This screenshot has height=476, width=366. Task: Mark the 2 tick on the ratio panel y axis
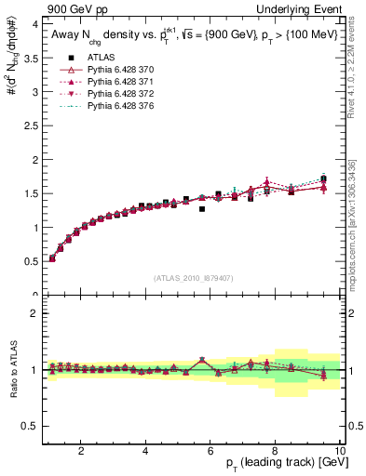tap(33, 313)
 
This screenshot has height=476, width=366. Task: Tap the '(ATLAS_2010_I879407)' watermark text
tap(193, 277)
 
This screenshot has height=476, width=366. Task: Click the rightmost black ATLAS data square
tap(323, 178)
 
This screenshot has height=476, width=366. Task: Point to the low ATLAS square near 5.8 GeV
tap(202, 209)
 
